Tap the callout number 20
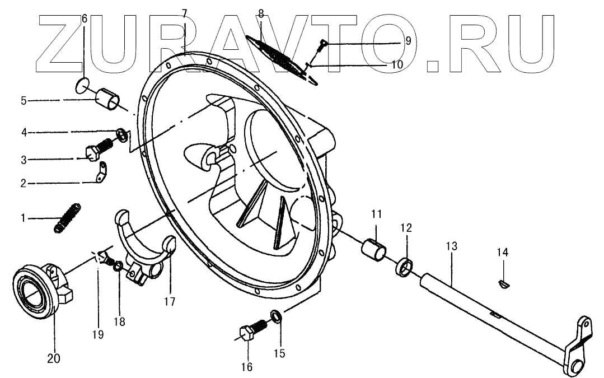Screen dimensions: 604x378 coord(54,358)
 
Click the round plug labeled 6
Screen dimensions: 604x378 coord(83,85)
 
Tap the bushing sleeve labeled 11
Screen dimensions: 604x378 coord(373,249)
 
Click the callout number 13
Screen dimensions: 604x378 coord(452,246)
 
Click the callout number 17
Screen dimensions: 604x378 coord(170,301)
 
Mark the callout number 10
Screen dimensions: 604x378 coord(397,64)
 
